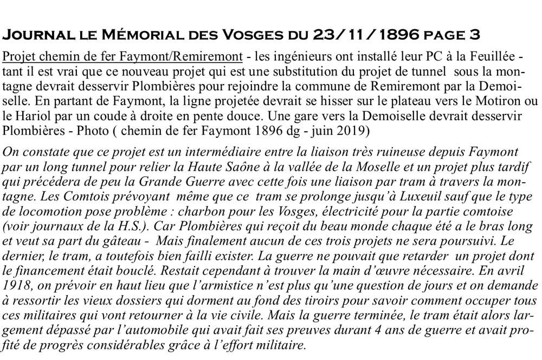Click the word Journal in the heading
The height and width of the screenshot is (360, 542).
click(x=36, y=36)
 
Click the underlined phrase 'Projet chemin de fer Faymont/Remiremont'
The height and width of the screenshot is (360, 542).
click(x=121, y=57)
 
